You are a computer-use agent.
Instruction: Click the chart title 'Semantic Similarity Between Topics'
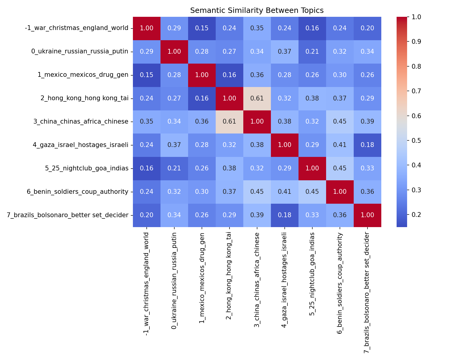pos(257,10)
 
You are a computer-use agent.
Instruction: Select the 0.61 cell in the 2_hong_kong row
pos(257,98)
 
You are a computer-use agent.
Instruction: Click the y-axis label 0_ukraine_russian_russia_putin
pos(80,52)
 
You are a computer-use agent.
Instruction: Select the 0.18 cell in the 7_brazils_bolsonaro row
pos(284,215)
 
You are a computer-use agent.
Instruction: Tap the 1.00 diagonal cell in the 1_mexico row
pos(202,75)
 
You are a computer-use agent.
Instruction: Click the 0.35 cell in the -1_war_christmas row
pos(257,28)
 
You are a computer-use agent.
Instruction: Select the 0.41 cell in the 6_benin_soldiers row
pos(284,192)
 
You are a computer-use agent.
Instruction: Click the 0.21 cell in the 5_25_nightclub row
pos(174,168)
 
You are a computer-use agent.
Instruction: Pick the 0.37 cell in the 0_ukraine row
pos(284,52)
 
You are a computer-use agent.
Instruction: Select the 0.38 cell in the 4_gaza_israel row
pos(257,145)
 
